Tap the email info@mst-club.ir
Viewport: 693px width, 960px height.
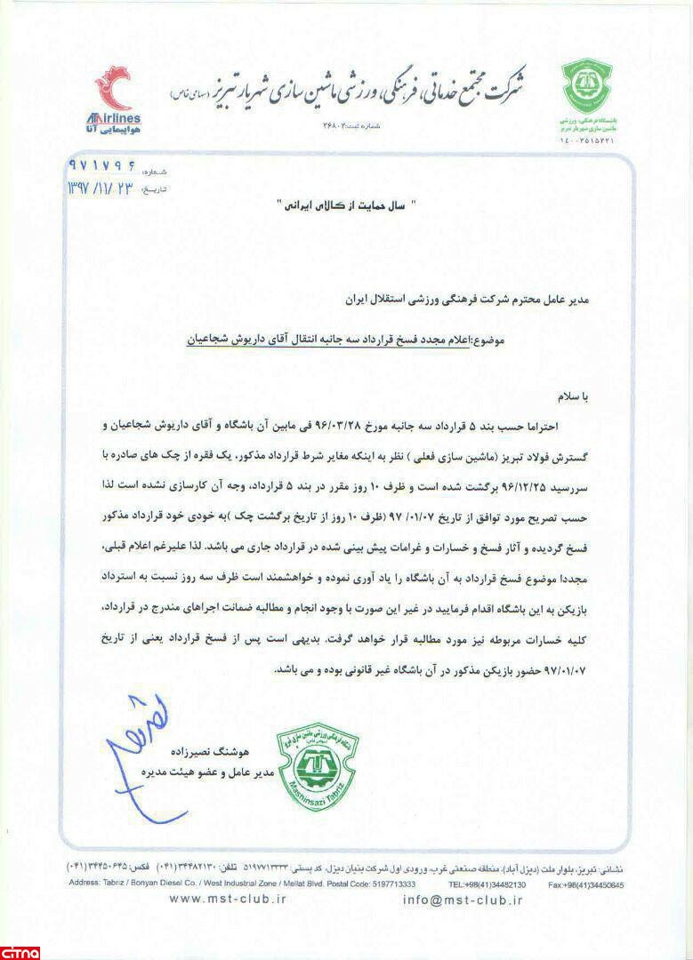(x=463, y=900)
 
